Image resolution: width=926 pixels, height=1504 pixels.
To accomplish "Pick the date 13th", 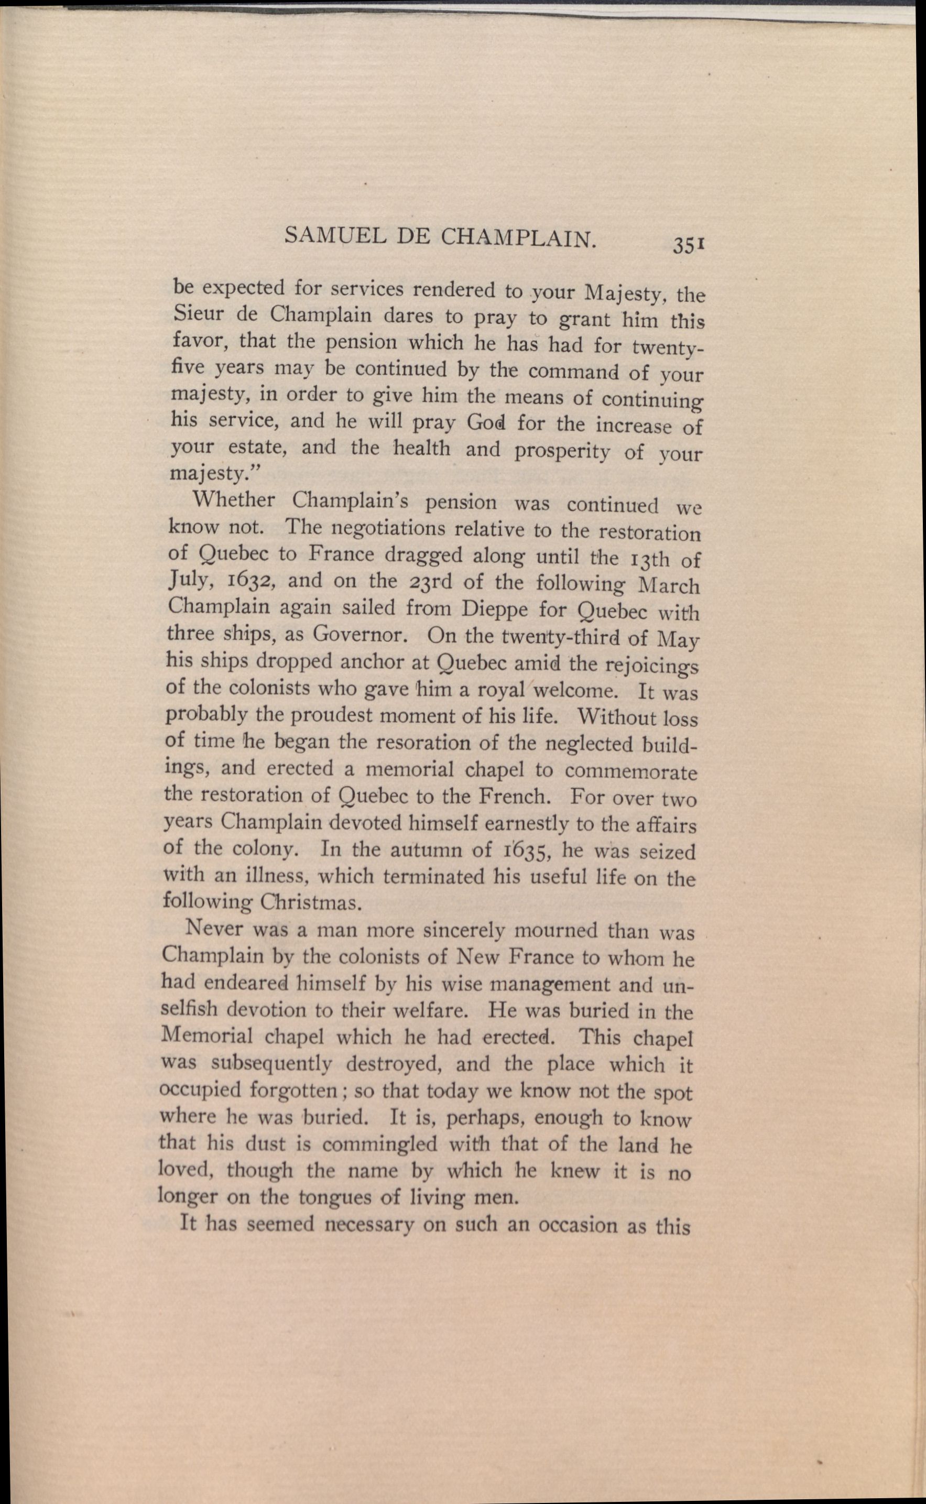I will [x=644, y=560].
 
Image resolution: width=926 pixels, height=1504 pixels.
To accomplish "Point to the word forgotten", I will [x=293, y=1091].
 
